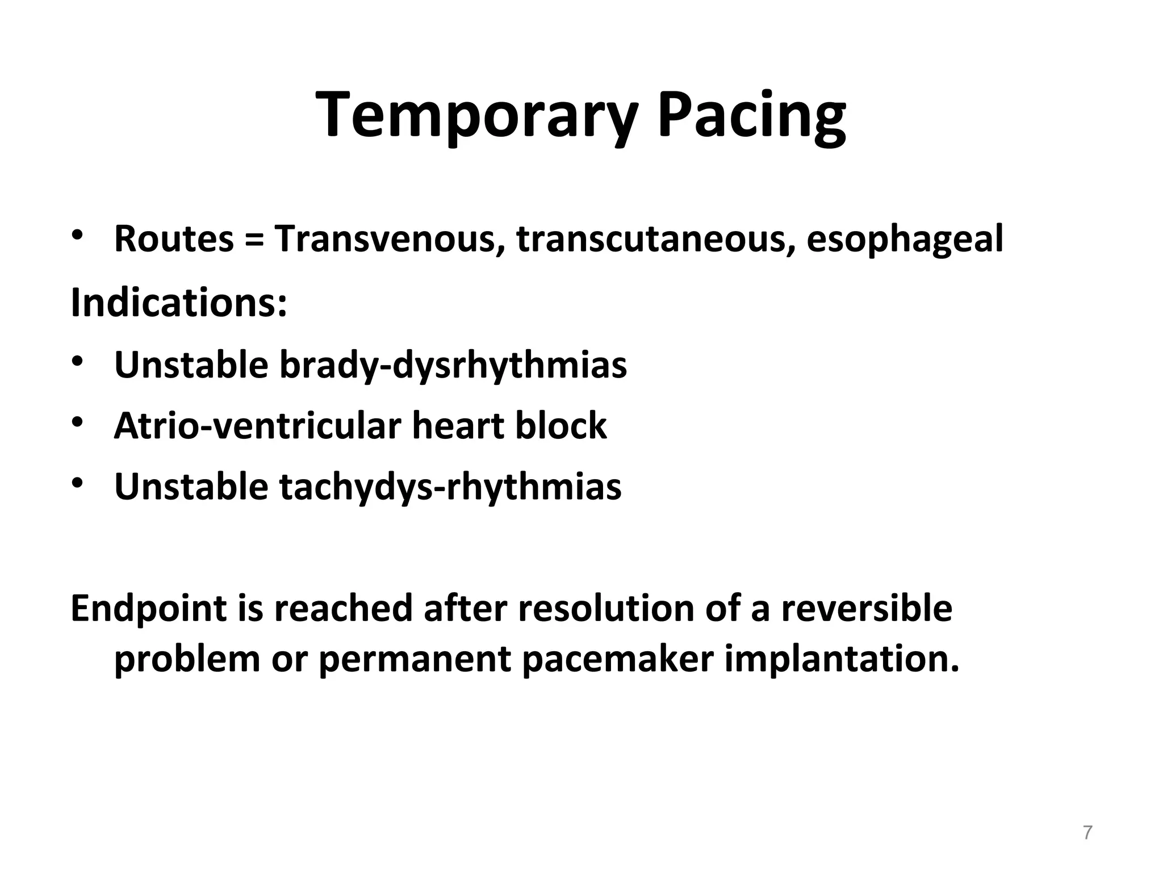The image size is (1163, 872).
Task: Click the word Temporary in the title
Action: point(475,116)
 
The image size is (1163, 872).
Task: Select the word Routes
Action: point(174,239)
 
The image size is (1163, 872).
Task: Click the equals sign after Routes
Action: point(254,240)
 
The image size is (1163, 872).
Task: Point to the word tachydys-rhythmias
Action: point(450,487)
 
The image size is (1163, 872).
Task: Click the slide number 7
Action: point(1087,833)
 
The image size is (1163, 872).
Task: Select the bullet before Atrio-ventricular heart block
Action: point(78,422)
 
